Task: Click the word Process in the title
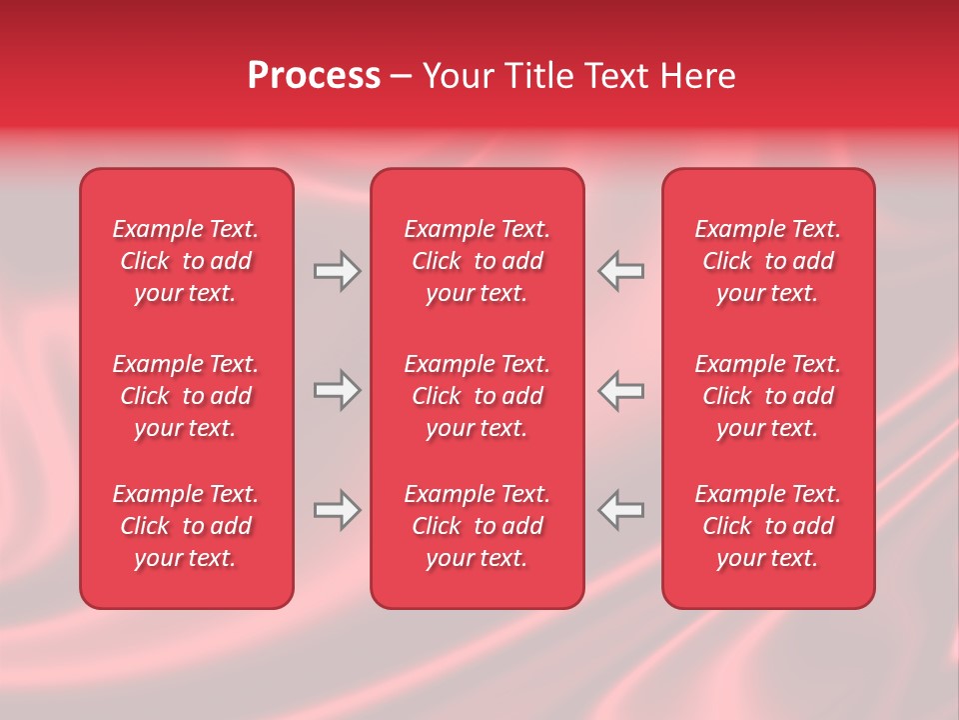[x=314, y=76]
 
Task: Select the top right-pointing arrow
[x=337, y=271]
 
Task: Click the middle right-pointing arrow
[x=337, y=390]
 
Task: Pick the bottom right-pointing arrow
[x=337, y=510]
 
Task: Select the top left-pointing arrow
[x=620, y=271]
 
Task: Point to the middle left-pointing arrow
[x=620, y=390]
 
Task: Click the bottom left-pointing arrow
[x=620, y=510]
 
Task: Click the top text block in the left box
[x=186, y=261]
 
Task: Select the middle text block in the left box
[x=186, y=396]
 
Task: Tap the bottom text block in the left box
[x=186, y=526]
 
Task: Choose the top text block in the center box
[x=477, y=261]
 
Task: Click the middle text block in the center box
[x=477, y=396]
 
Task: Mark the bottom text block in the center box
[x=477, y=526]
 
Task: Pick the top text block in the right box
[x=767, y=261]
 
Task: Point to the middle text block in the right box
[x=767, y=396]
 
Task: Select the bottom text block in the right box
[x=767, y=526]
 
